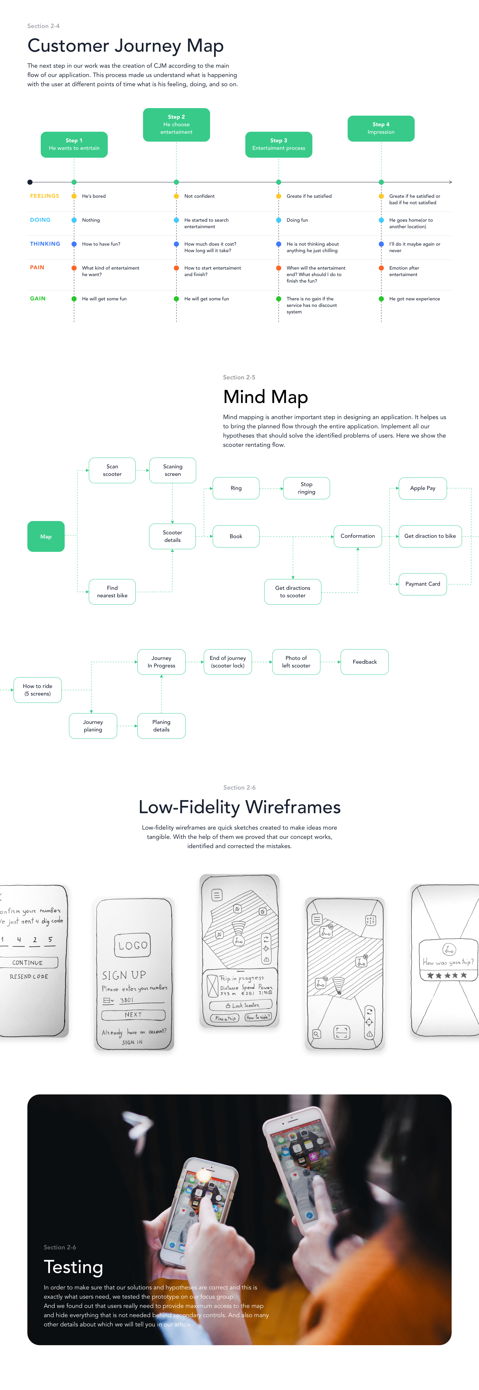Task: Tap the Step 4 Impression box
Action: (x=381, y=128)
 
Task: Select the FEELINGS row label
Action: (x=44, y=196)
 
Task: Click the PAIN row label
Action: (x=37, y=268)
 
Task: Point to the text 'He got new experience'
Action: (x=414, y=299)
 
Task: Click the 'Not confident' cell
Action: (x=199, y=196)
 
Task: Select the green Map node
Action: (x=46, y=536)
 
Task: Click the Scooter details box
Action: (x=173, y=536)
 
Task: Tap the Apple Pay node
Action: (x=422, y=488)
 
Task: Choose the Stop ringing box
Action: (x=306, y=488)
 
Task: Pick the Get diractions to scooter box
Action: (x=292, y=592)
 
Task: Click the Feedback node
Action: (x=365, y=662)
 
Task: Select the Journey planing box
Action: (x=93, y=726)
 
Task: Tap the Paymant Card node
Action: (x=422, y=584)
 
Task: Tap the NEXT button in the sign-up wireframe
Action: (x=133, y=1015)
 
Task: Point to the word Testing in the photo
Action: (x=73, y=1267)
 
